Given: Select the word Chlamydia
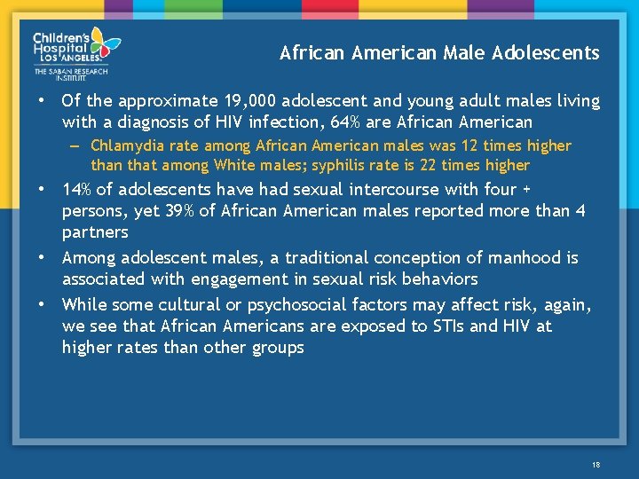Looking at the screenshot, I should click(x=124, y=145).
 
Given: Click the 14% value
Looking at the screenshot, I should click(x=77, y=189).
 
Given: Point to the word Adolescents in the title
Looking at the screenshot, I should click(x=553, y=52).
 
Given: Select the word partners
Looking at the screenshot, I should click(x=95, y=232).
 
